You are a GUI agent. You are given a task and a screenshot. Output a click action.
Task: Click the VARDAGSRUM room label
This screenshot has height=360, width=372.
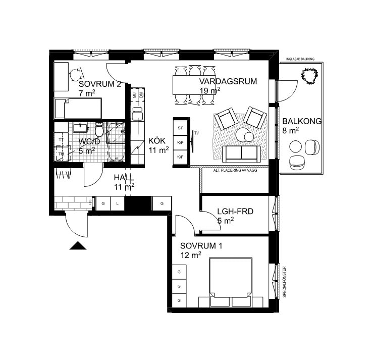click(228, 81)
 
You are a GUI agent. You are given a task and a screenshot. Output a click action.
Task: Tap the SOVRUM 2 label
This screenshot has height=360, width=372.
click(100, 84)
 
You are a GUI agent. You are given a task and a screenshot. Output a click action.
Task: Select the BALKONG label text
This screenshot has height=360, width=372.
click(302, 122)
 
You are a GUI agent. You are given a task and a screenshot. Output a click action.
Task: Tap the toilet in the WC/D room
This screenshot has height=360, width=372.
click(100, 130)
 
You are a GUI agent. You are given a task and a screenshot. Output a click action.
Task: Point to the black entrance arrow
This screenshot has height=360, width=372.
click(78, 246)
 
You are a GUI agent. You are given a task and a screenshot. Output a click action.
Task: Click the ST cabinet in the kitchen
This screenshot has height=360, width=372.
click(180, 129)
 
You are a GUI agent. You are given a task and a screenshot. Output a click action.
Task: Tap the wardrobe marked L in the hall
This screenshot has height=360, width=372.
click(117, 203)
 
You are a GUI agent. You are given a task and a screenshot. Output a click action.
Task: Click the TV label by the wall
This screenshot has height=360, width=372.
click(198, 133)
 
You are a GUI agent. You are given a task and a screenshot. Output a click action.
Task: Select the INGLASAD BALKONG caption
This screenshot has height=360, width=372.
click(300, 60)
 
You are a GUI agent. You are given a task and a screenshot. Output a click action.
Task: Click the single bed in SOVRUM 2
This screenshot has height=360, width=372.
click(78, 108)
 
